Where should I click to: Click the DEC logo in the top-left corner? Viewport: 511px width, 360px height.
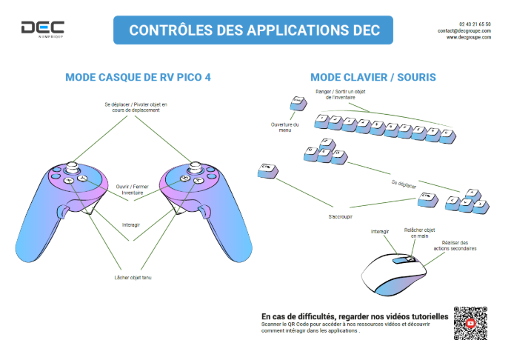[42, 29]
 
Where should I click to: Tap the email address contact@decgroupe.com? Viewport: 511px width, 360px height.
[464, 30]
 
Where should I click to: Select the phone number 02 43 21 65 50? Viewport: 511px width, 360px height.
[475, 24]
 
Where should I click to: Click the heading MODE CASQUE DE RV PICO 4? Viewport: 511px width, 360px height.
[133, 76]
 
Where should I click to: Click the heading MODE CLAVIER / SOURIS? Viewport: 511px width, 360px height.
[373, 77]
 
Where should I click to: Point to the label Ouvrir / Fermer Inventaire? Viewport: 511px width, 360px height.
[133, 190]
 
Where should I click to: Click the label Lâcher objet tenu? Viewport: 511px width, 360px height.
[132, 277]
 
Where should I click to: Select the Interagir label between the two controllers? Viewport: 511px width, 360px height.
[132, 223]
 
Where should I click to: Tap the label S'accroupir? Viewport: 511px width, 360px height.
[340, 218]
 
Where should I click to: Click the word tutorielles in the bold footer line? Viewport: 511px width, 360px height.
[423, 316]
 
